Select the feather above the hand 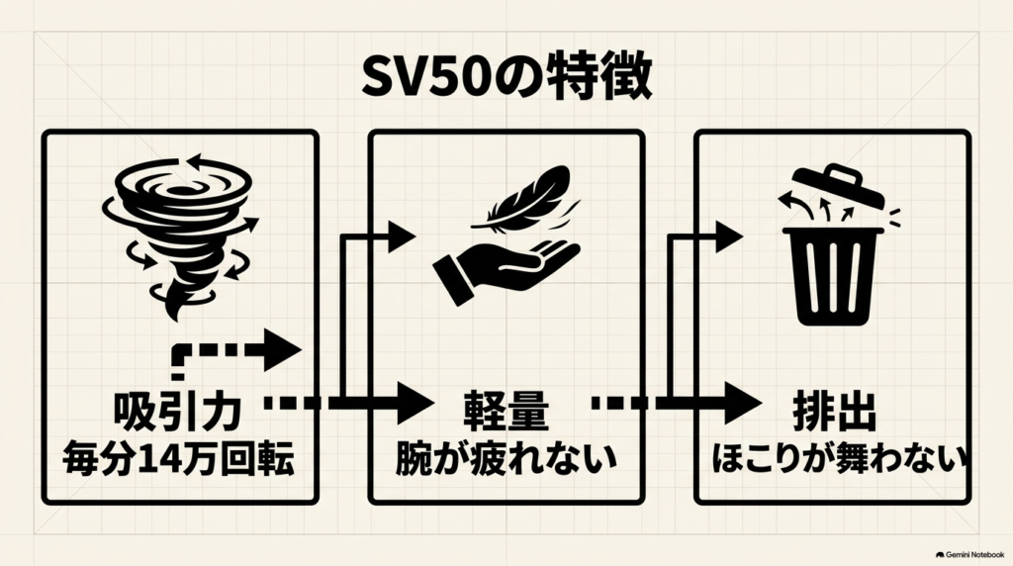coord(524,201)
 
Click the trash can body coord(833,276)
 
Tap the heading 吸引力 coord(178,412)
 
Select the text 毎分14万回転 coord(178,459)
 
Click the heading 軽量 coord(506,412)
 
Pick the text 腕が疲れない coord(506,459)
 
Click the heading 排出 coord(834,412)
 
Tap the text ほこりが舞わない coord(838,459)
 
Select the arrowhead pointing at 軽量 coord(414,403)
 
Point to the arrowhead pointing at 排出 coord(742,403)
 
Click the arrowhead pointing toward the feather coord(402,237)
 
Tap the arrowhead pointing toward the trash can coord(729,237)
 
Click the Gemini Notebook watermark coord(969,555)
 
